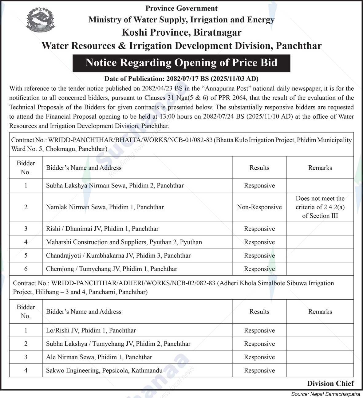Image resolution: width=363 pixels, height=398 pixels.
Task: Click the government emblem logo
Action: point(40,20)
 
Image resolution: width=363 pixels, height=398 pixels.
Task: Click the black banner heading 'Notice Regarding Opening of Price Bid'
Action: point(181,63)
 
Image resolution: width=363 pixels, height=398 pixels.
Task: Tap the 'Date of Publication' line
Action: point(181,79)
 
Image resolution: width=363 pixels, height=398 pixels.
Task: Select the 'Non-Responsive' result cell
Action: point(259,207)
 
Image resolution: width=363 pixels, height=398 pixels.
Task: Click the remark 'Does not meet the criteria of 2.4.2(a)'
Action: point(320,207)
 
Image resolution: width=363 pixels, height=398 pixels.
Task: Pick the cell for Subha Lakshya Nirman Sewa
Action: point(115,186)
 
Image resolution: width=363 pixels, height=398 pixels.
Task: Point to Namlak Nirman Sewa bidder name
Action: point(105,207)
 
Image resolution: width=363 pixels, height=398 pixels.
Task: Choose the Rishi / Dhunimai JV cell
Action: point(102,229)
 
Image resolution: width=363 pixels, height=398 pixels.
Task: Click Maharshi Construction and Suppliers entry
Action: point(124,242)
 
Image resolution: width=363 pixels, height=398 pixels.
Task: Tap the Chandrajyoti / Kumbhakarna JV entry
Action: point(118,256)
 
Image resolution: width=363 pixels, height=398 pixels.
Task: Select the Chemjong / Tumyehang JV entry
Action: point(112,269)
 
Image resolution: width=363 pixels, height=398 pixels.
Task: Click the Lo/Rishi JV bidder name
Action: point(91,330)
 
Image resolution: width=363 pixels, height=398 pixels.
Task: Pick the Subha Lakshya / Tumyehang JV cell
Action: point(118,344)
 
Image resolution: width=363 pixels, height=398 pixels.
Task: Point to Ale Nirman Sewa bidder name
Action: point(99,357)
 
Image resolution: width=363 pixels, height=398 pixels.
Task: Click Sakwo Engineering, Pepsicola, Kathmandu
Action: point(104,371)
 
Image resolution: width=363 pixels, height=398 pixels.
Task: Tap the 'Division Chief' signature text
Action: point(330,384)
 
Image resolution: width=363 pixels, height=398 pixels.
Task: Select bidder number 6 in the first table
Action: point(26,269)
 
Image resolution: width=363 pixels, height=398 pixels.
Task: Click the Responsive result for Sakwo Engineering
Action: point(259,371)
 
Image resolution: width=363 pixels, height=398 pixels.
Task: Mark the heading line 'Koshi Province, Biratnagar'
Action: point(181,33)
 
